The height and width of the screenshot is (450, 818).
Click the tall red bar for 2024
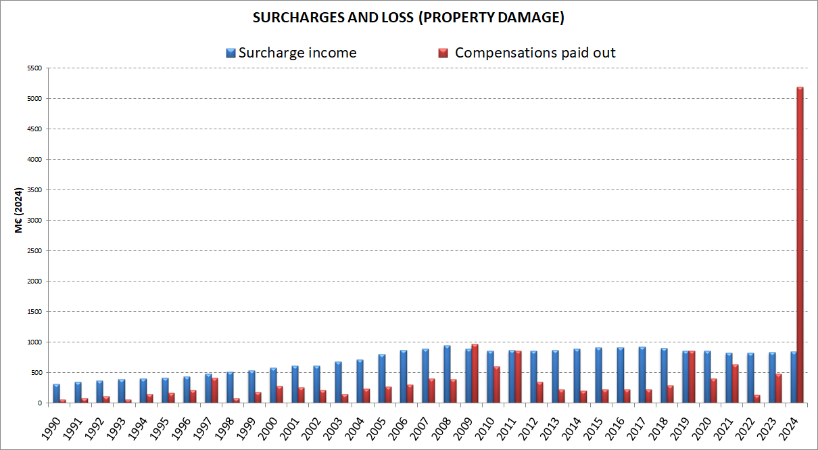coord(800,244)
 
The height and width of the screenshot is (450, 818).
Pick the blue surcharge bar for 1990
coord(57,393)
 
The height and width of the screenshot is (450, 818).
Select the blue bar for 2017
coord(642,375)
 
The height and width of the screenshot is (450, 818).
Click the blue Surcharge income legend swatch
coord(231,53)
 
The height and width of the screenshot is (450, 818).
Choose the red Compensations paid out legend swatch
coord(443,53)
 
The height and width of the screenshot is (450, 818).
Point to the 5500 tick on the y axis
coord(34,68)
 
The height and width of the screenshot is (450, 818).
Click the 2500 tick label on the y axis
coord(34,251)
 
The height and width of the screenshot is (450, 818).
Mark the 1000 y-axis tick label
coord(34,342)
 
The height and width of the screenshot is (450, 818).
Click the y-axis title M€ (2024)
coord(20,210)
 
